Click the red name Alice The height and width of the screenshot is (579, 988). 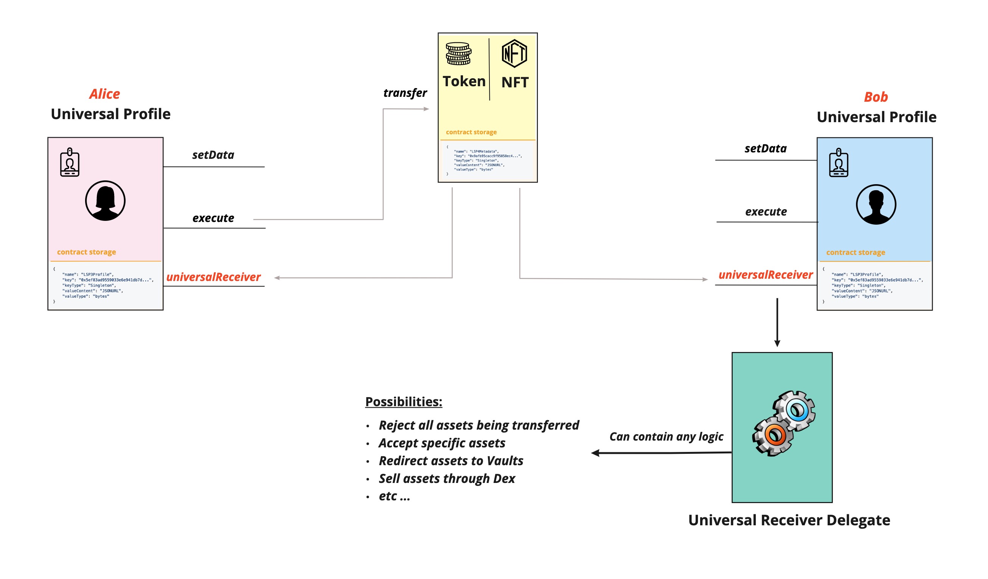105,94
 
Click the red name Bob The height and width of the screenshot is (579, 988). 876,97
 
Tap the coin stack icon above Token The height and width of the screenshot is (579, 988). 458,54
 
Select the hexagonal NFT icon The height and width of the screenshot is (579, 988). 514,54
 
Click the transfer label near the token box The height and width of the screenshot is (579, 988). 405,93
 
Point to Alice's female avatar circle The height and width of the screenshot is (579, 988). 105,201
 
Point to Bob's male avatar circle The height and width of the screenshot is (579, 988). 876,205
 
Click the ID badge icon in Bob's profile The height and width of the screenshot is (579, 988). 838,163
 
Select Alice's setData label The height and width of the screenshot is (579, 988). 213,155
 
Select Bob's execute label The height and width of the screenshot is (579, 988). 766,212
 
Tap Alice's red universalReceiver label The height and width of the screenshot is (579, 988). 213,277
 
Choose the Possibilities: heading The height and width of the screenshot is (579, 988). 404,402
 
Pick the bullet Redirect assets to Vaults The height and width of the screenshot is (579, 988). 451,461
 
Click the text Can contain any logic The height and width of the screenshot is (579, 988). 666,437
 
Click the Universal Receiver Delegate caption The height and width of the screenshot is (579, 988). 789,520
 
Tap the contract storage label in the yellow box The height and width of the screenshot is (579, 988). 471,132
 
